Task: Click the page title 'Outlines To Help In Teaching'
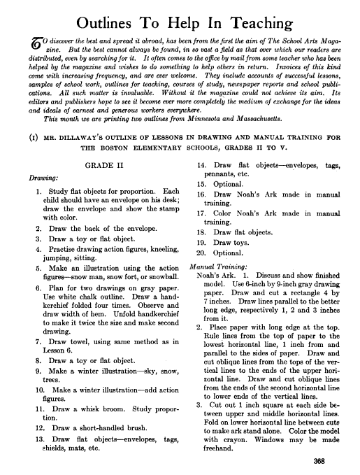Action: pos(180,20)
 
